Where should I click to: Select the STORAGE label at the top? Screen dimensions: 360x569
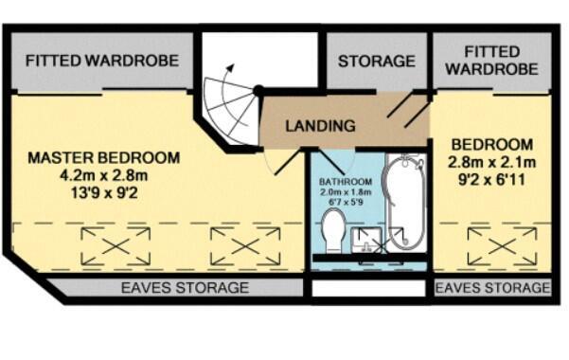377,61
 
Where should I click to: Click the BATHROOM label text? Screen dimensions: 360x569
345,181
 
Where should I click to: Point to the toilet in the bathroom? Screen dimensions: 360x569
332,229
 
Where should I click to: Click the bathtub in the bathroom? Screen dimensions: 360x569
405,202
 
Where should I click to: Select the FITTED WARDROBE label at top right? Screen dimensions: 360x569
491,60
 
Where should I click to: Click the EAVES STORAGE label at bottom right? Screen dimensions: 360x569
492,287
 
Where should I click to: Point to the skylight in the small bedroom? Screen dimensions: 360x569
495,247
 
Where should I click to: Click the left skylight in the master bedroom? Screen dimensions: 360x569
116,247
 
